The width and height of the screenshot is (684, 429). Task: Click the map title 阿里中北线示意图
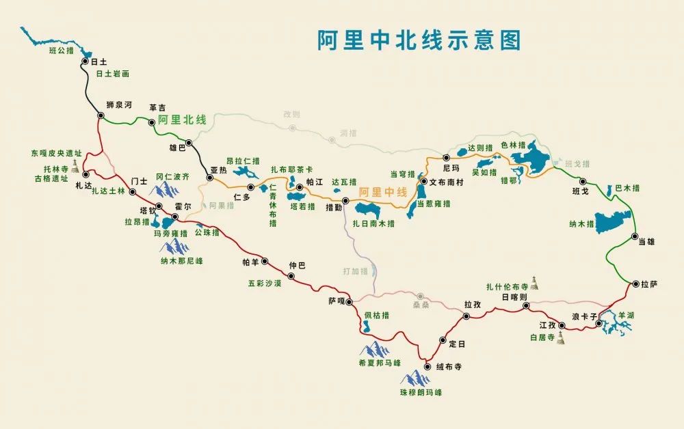click(x=419, y=40)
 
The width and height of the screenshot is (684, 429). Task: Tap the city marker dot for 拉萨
click(x=635, y=283)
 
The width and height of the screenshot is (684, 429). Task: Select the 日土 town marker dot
click(x=85, y=61)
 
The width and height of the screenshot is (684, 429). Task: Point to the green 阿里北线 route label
click(x=181, y=120)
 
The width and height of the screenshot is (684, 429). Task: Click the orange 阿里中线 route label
click(x=383, y=192)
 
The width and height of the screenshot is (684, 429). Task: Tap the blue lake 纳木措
click(x=613, y=222)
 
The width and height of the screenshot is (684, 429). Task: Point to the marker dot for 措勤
click(x=345, y=201)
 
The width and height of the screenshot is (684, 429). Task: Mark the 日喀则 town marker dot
click(x=526, y=307)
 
